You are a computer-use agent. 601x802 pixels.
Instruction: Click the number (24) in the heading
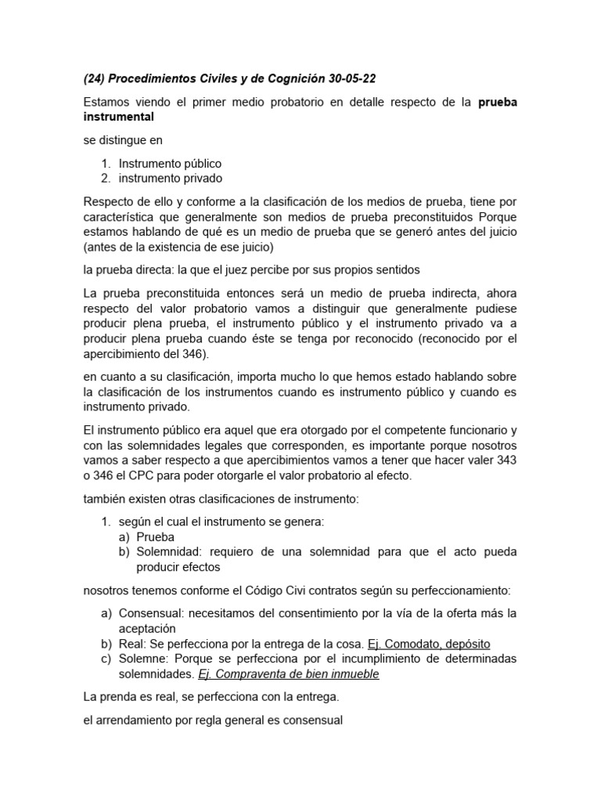(x=96, y=78)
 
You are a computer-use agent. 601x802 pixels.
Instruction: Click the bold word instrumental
(x=119, y=117)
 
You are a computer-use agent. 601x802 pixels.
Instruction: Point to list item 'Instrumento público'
(x=170, y=164)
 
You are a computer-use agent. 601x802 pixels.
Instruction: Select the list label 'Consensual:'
(x=151, y=612)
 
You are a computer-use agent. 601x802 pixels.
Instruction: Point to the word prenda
(x=118, y=696)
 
